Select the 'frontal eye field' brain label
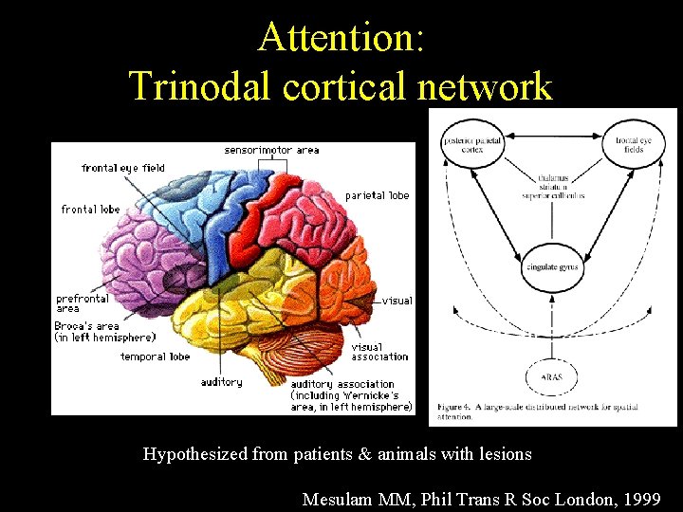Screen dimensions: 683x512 (123, 168)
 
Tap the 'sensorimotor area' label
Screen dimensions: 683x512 (271, 150)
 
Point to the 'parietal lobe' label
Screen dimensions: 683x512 (377, 195)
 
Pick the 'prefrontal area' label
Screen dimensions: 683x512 (83, 303)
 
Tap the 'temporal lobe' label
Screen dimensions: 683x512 (155, 357)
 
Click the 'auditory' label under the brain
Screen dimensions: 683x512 (221, 382)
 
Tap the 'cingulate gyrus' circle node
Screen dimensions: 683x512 (551, 268)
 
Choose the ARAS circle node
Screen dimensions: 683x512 (551, 376)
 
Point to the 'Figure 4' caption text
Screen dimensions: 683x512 (538, 409)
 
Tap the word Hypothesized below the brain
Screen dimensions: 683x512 (195, 454)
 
